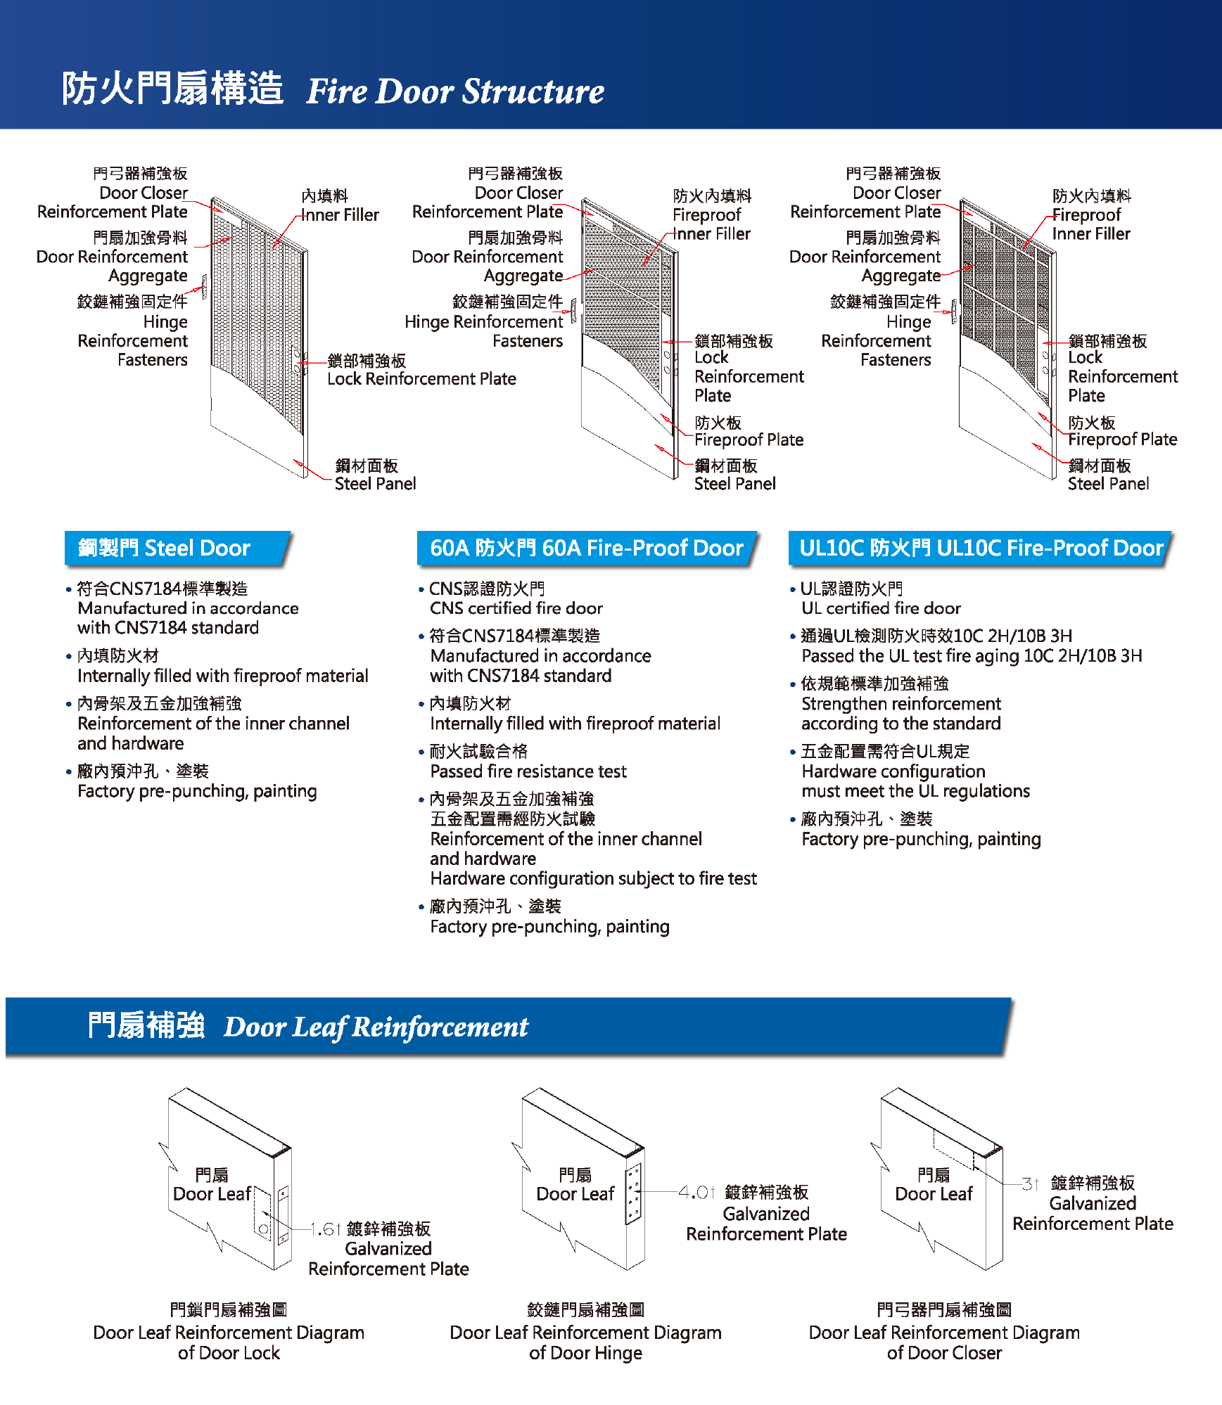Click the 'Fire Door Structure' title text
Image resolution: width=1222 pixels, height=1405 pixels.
coord(454,91)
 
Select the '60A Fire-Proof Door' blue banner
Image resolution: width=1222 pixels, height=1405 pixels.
coord(586,548)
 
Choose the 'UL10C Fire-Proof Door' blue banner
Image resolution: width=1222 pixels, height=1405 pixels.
coord(980,548)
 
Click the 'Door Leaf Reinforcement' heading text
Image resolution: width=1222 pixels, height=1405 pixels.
coord(376,1027)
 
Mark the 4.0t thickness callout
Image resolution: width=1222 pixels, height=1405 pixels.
coord(696,1193)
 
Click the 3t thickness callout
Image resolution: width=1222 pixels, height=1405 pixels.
coord(1030,1184)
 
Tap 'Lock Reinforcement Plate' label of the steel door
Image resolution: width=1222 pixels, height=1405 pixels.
coord(421,379)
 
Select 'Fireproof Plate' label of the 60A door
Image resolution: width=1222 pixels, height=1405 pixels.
coord(749,440)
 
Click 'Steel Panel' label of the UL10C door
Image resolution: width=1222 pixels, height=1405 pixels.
coord(1108,484)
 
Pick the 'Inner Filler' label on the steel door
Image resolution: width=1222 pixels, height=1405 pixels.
coord(340,215)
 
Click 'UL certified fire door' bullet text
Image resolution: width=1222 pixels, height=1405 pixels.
coord(881,608)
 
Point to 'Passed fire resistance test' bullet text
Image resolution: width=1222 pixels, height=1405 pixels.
coord(528,771)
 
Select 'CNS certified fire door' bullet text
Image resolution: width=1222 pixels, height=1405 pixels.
coord(516,608)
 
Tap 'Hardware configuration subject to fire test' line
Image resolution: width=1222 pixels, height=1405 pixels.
coord(593,878)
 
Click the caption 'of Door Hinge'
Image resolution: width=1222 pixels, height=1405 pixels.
coord(585,1353)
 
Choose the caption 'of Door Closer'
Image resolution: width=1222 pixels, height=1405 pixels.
coord(944,1353)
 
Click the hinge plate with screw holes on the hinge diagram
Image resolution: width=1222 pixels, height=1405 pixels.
coord(634,1193)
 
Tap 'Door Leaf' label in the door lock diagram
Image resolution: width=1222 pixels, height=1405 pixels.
coord(212,1194)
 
